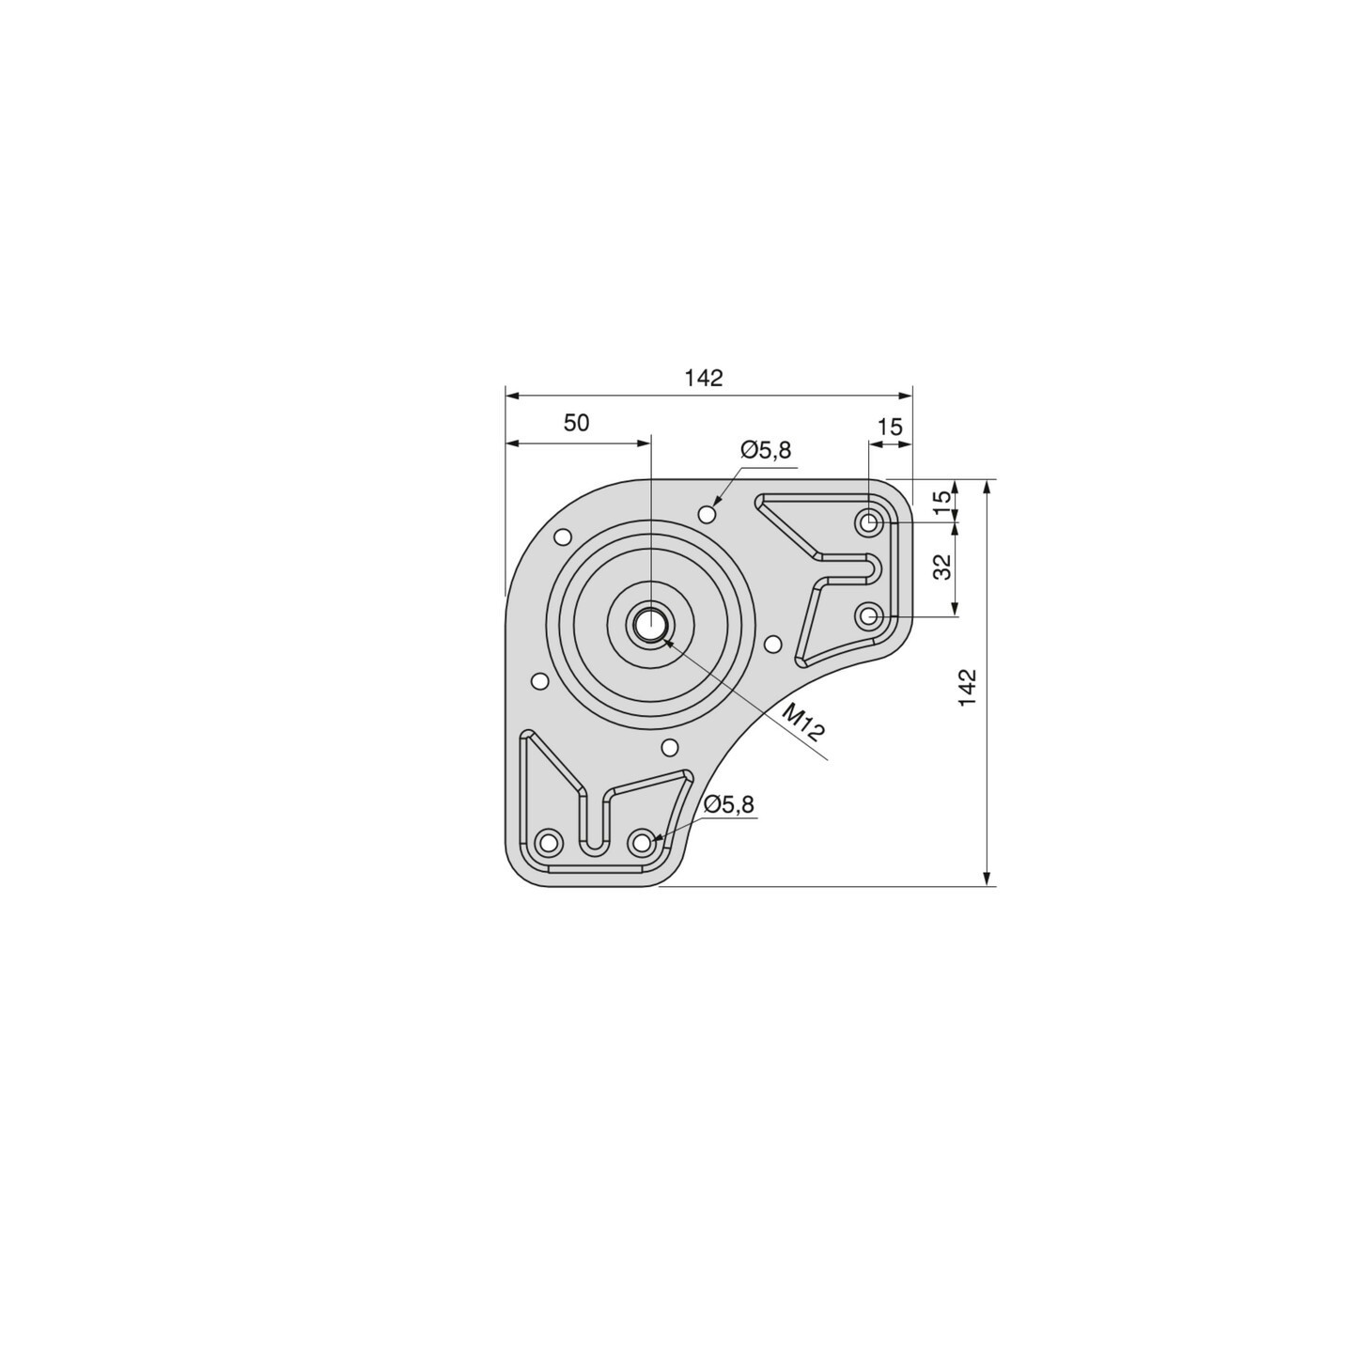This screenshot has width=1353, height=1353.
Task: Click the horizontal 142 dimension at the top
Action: click(704, 378)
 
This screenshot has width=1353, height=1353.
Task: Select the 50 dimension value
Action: click(577, 423)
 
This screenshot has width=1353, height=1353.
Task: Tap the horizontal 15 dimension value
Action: click(891, 427)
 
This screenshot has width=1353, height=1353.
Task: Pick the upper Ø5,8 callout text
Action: click(766, 450)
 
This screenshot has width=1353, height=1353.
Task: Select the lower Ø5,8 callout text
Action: click(728, 804)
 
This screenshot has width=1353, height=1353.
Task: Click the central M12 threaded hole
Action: click(651, 624)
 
